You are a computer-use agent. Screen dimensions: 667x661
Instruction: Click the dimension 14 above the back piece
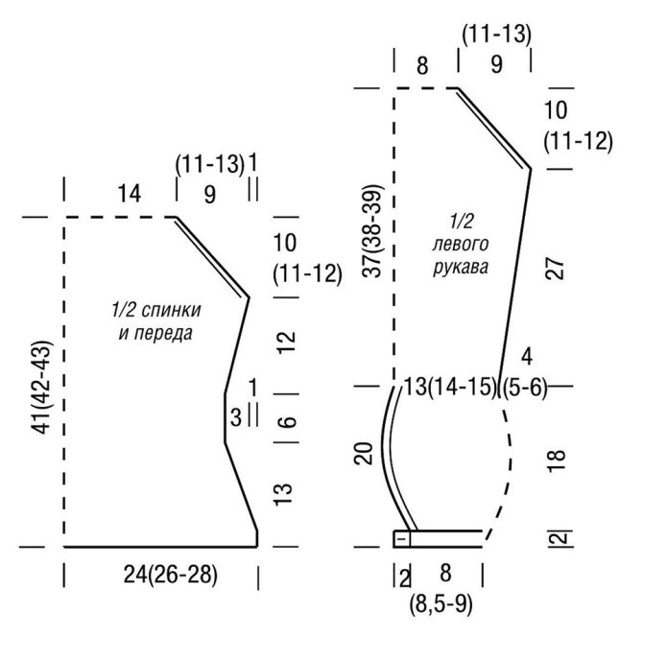(x=129, y=194)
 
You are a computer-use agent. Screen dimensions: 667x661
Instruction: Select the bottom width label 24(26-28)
(x=170, y=575)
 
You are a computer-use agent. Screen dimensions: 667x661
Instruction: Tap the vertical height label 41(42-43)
(x=42, y=387)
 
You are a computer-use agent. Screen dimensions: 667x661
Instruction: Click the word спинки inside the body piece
(x=171, y=310)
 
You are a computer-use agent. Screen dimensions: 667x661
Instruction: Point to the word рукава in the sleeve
(x=461, y=268)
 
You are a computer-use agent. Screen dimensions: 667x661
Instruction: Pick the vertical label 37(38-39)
(x=373, y=231)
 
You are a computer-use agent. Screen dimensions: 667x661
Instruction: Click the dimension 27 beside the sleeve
(x=555, y=268)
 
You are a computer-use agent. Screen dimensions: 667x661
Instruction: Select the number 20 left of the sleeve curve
(x=364, y=454)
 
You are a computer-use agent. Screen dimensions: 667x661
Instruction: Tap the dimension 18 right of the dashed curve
(x=556, y=460)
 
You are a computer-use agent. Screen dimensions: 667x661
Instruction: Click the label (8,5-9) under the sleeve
(x=441, y=603)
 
